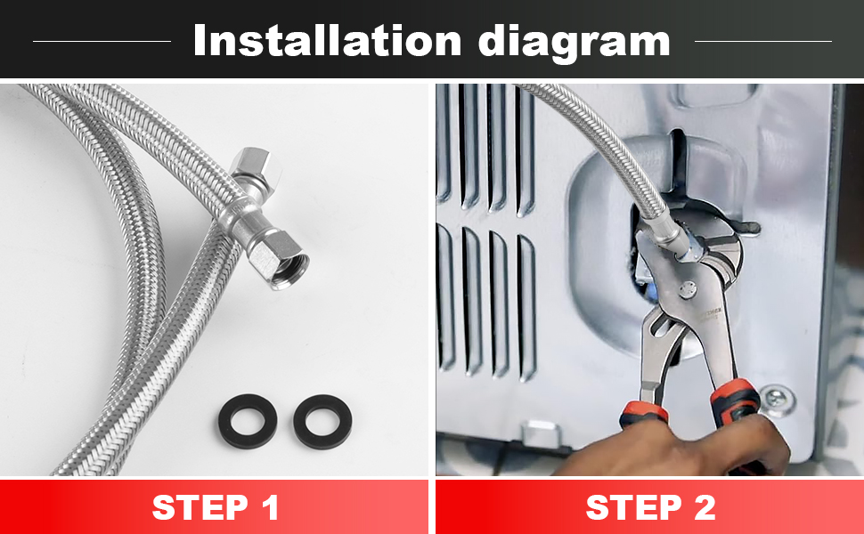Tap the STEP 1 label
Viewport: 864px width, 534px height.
pyautogui.click(x=216, y=507)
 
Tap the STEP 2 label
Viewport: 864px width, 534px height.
pyautogui.click(x=650, y=507)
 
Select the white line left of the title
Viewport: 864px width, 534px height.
pyautogui.click(x=102, y=41)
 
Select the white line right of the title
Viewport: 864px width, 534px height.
pyautogui.click(x=762, y=41)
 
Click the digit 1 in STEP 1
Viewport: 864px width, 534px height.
pyautogui.click(x=266, y=507)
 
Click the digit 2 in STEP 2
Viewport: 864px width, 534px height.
pyautogui.click(x=702, y=507)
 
